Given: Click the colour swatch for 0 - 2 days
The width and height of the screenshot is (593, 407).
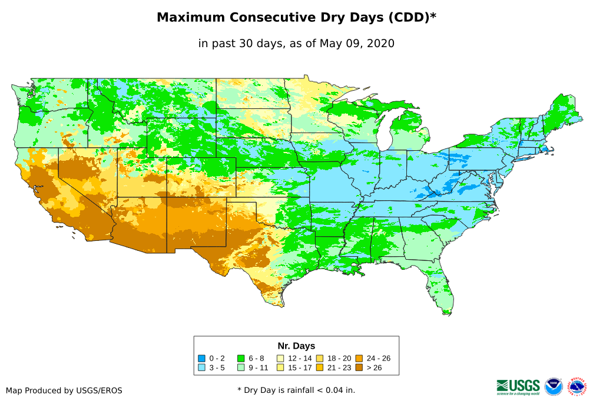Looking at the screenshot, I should (x=202, y=358).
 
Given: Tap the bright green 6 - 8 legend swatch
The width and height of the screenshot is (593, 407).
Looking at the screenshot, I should (x=241, y=358).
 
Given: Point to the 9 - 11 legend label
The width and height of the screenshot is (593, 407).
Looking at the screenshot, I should (x=259, y=368).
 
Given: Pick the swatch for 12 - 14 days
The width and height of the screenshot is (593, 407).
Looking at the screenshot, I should (x=281, y=358).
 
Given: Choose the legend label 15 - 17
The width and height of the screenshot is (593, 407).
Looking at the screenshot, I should (x=299, y=368).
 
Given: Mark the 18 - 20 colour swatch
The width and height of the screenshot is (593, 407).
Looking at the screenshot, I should (x=320, y=358).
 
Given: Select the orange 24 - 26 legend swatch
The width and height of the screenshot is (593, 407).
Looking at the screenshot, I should (x=359, y=358).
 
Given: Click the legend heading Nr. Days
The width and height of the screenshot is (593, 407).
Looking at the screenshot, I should (x=296, y=346).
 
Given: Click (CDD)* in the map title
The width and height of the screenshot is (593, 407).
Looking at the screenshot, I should (x=412, y=18).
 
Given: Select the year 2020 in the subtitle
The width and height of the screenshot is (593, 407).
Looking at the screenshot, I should (x=380, y=44).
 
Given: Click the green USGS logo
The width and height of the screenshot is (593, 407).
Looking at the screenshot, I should (x=518, y=386).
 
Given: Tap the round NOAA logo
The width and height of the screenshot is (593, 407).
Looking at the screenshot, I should (x=554, y=386).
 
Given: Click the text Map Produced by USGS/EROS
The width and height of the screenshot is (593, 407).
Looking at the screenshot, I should (x=64, y=391).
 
